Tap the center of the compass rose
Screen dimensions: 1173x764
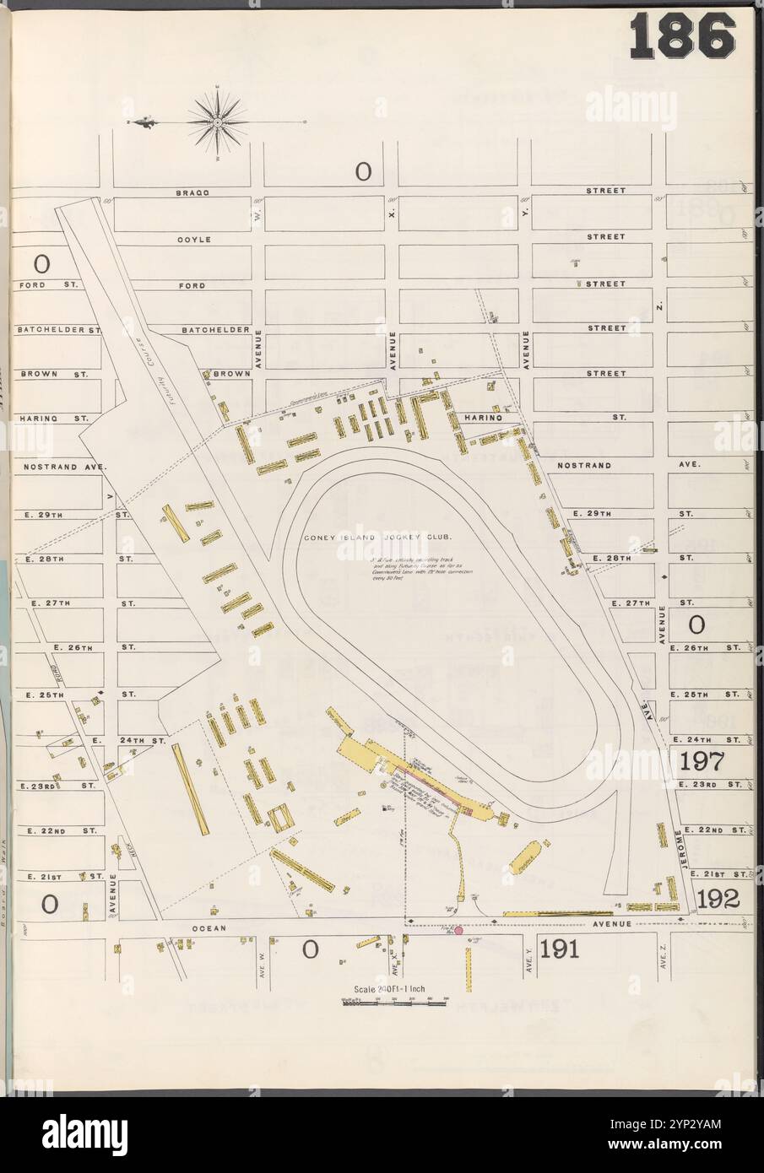pyautogui.click(x=217, y=122)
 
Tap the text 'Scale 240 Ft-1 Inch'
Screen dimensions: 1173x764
pyautogui.click(x=395, y=989)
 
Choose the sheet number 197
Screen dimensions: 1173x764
pyautogui.click(x=702, y=761)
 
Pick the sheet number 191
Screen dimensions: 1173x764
pyautogui.click(x=559, y=949)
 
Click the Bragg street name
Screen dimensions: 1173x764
pyautogui.click(x=192, y=192)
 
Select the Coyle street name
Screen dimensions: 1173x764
pyautogui.click(x=193, y=239)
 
